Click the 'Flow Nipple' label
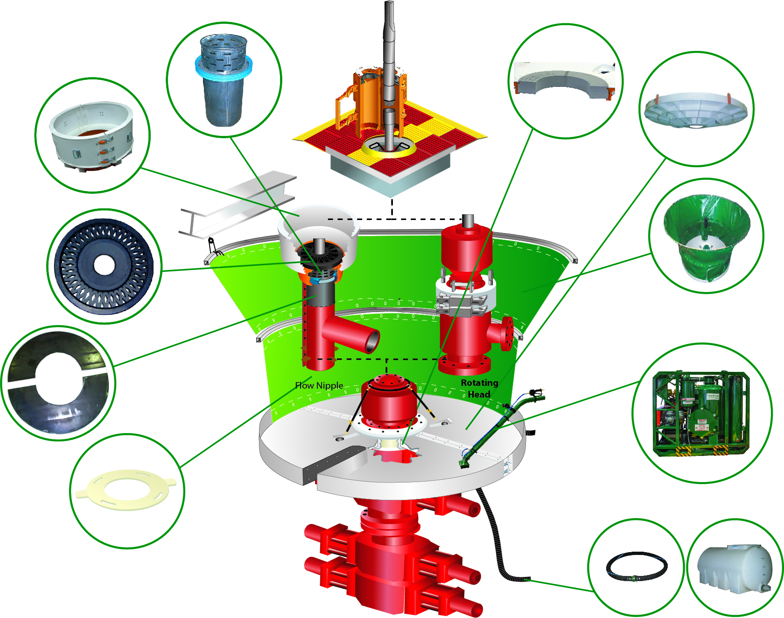(319, 386)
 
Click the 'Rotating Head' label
(479, 388)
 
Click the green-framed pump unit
(701, 413)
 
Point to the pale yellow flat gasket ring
(126, 490)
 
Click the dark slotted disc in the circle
(104, 266)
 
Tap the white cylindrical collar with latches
(92, 136)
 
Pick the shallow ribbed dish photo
(695, 110)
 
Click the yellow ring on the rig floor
(388, 146)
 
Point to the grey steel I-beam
(238, 204)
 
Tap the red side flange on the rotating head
(507, 334)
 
